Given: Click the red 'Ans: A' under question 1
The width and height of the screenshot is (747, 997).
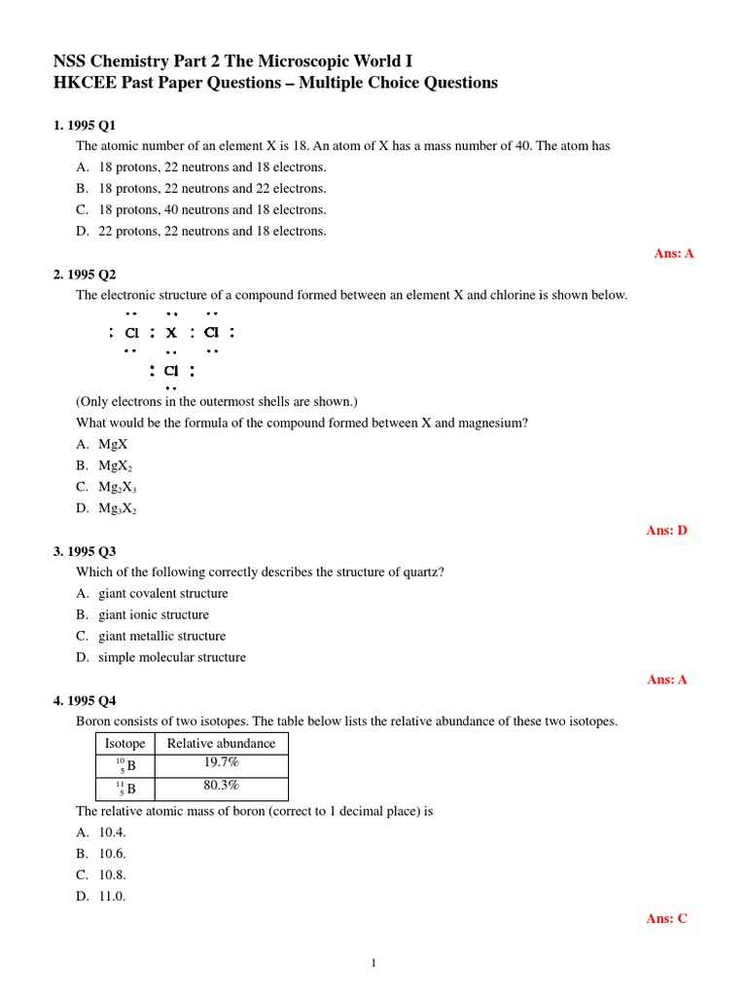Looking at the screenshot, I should (x=673, y=253).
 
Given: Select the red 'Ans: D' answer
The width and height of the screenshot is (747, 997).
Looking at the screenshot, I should (x=666, y=531).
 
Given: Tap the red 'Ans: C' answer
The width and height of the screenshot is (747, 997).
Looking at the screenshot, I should (x=666, y=918).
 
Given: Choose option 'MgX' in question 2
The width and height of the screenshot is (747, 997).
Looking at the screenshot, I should (x=113, y=444).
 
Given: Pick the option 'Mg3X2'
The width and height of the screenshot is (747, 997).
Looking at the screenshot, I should (x=118, y=508).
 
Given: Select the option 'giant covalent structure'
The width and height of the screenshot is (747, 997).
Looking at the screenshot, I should (x=162, y=594).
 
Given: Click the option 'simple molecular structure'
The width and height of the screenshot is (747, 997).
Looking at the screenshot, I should (x=171, y=658).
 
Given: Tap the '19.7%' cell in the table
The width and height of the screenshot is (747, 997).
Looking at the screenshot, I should (x=221, y=763).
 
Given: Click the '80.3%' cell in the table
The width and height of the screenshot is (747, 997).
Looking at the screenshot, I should (x=221, y=787).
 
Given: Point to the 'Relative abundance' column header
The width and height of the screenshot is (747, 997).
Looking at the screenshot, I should (x=221, y=743).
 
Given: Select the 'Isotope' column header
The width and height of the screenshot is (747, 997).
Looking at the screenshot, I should (x=124, y=743).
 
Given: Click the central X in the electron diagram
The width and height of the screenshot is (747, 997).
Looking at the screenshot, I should (x=171, y=334).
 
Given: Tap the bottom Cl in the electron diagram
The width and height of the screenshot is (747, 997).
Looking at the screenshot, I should (x=171, y=371).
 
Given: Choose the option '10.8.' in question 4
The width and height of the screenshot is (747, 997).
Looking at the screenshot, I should (x=112, y=875).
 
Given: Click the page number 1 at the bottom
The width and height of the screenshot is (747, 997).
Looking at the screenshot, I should (x=373, y=964).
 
